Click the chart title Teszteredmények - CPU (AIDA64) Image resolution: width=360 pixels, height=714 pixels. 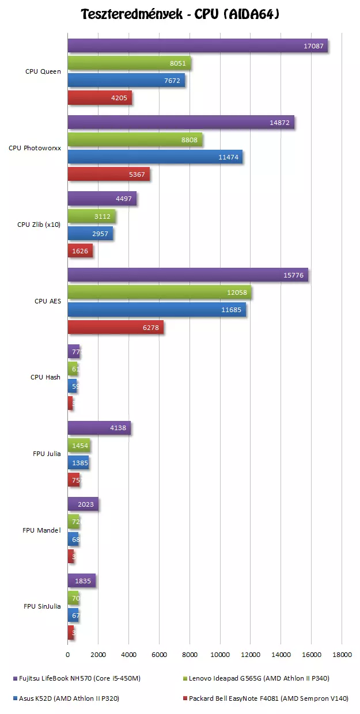180,14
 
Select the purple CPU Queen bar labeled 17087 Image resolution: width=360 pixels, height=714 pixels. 198,46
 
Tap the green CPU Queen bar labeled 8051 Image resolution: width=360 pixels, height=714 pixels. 129,63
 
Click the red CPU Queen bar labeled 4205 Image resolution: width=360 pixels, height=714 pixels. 100,98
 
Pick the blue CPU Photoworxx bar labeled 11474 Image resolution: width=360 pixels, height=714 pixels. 155,157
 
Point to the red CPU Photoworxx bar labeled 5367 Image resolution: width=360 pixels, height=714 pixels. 108,174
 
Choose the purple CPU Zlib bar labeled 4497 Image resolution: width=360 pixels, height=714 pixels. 102,199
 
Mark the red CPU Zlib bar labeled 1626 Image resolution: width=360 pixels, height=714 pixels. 80,251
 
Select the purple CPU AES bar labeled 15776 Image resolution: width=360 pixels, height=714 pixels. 188,275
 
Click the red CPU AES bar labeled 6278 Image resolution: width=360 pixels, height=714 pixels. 115,327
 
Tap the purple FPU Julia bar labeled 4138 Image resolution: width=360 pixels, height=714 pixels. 99,428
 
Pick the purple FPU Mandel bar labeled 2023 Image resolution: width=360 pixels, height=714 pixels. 83,504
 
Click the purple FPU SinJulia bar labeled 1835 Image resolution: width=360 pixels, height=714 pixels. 81,581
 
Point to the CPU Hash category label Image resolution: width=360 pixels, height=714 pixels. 46,378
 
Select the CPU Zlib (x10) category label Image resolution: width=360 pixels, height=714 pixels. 39,225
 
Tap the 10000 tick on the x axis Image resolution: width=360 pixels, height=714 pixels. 219,654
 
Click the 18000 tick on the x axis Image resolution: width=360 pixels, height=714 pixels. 342,654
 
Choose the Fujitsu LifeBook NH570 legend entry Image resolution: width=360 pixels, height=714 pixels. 75,678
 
